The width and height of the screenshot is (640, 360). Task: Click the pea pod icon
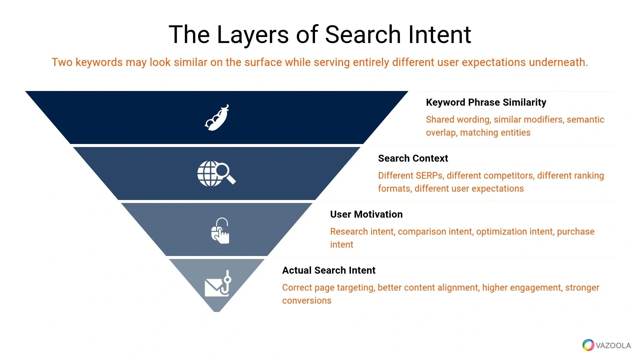point(217,118)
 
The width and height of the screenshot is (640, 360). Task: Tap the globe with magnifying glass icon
point(216,173)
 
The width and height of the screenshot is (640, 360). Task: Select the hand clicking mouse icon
point(220,231)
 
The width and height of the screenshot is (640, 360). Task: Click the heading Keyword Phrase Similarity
point(486,102)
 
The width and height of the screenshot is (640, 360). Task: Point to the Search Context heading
point(413,158)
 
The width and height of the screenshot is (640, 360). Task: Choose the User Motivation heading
point(366,214)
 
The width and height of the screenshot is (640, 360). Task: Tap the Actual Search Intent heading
point(329,270)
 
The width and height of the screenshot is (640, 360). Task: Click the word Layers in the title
point(253,35)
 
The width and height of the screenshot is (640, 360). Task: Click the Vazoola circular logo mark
point(588,345)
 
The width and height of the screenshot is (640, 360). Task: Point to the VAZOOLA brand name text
point(613,346)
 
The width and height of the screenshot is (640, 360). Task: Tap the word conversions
point(307,301)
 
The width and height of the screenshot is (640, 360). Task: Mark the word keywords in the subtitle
point(99,63)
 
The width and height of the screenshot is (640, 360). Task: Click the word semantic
point(585,120)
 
